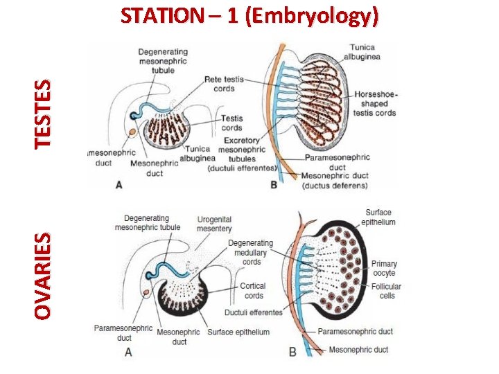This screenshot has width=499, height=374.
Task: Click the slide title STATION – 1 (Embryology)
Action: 249,16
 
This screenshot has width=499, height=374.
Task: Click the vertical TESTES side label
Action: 43,114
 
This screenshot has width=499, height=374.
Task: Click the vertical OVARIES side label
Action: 43,276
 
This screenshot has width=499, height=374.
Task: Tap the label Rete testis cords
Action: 224,84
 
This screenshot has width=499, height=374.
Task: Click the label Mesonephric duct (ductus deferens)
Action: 335,181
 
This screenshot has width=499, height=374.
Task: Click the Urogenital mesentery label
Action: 214,224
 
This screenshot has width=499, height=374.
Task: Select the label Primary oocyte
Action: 384,268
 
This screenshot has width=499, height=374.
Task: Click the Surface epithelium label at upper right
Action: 378,217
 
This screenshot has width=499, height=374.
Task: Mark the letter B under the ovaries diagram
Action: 292,353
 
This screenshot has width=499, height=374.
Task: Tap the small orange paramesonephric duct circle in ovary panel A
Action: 146,293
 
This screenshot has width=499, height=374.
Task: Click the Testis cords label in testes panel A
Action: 231,123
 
